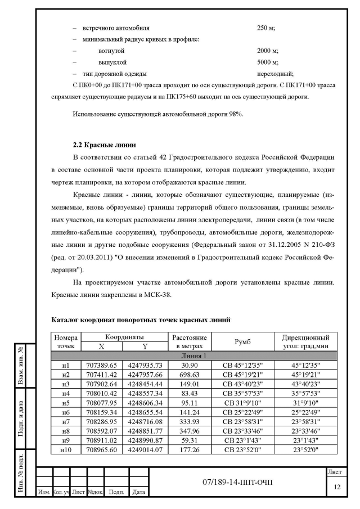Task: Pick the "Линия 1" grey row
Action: [x=196, y=355]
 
